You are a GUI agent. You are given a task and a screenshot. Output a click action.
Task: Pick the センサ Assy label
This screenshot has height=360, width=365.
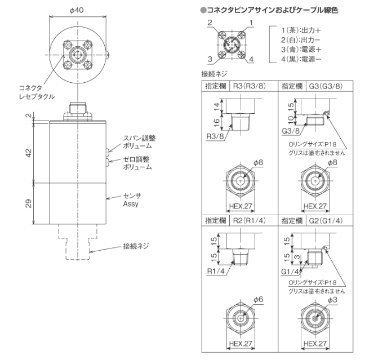(x=132, y=201)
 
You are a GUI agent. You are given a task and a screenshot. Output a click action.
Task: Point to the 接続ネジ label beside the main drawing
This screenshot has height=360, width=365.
(x=136, y=246)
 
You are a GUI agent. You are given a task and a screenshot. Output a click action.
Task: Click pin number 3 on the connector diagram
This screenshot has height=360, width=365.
(x=209, y=58)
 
